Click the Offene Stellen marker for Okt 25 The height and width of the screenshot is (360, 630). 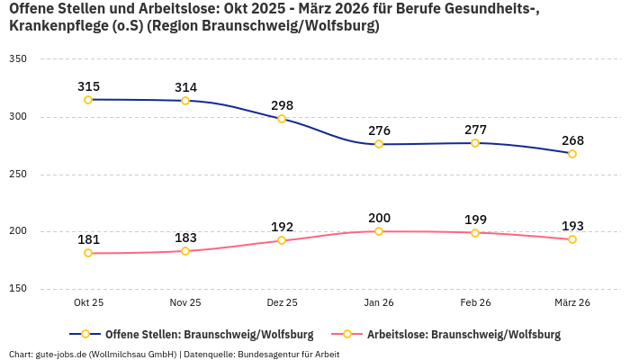click(88, 100)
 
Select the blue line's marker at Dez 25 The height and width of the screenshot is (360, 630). click(282, 119)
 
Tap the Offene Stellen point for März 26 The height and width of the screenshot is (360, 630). click(572, 154)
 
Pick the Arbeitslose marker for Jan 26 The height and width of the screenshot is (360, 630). click(379, 231)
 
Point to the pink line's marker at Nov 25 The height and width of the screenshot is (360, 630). click(185, 251)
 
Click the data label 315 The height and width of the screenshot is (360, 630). click(88, 86)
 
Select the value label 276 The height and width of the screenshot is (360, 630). click(379, 130)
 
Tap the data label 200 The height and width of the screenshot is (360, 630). click(379, 218)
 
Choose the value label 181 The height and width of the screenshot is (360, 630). click(88, 239)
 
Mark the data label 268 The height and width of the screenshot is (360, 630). click(572, 140)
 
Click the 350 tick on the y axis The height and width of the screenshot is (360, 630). click(17, 59)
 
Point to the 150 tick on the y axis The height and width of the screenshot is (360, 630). click(17, 289)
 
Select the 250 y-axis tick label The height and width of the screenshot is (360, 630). click(17, 174)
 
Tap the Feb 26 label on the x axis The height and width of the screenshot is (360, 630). click(475, 303)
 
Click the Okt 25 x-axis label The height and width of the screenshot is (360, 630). click(88, 303)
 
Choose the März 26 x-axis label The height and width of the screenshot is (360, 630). click(572, 303)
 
